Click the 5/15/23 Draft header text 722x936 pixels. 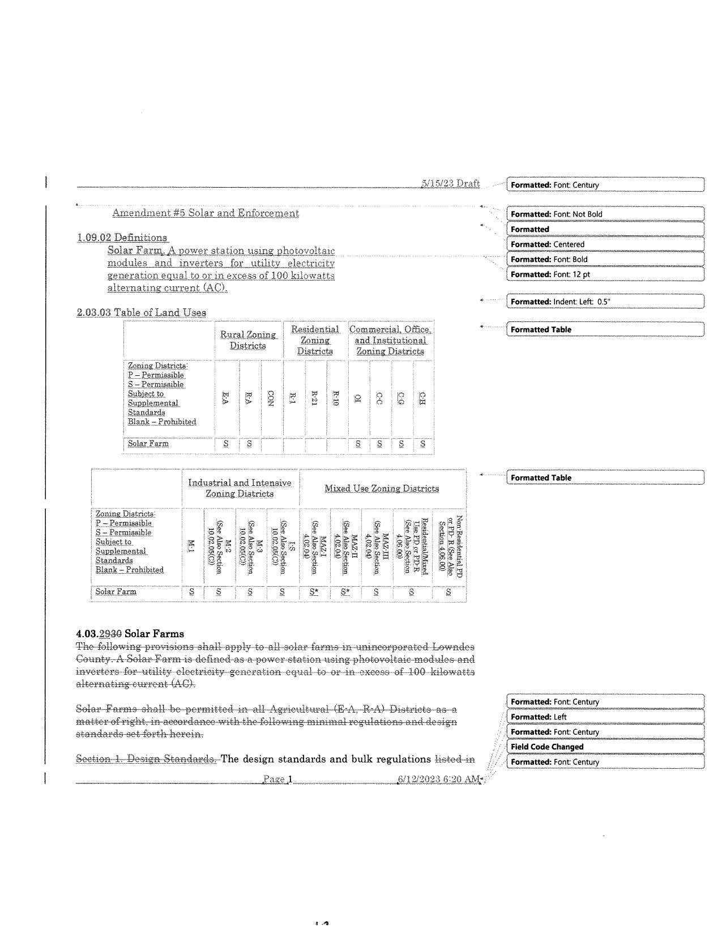[x=451, y=183]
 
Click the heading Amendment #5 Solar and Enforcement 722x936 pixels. [x=206, y=213]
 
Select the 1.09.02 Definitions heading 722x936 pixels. [x=122, y=238]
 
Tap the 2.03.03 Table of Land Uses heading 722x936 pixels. [x=142, y=312]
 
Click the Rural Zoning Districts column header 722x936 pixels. [x=248, y=340]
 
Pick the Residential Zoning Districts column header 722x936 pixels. [x=315, y=340]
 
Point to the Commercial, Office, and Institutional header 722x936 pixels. [x=390, y=340]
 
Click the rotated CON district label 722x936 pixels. [x=271, y=397]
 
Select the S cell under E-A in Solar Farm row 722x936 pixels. [x=226, y=444]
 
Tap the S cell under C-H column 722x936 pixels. [x=422, y=444]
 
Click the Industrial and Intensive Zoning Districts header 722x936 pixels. [x=240, y=488]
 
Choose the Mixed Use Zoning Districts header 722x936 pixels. [x=382, y=489]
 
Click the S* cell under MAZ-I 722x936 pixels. [x=314, y=592]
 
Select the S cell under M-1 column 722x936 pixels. [x=191, y=592]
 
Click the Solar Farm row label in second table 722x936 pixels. [x=116, y=592]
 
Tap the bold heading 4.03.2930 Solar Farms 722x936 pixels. [x=130, y=634]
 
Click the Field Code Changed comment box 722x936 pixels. [x=605, y=747]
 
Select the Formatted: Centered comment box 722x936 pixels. [x=605, y=244]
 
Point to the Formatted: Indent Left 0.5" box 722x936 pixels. [x=605, y=302]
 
